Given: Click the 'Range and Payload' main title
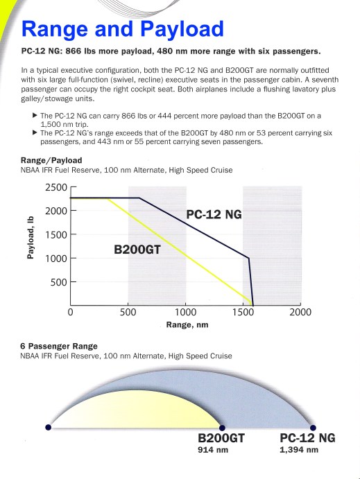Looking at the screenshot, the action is pyautogui.click(x=122, y=29).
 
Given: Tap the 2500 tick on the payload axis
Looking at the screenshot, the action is pyautogui.click(x=56, y=188).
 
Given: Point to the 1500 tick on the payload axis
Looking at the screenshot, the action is pyautogui.click(x=56, y=234).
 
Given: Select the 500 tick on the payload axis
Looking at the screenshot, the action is pyautogui.click(x=60, y=281).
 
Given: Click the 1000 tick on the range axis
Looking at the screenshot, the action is pyautogui.click(x=185, y=313).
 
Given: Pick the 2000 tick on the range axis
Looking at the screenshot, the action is pyautogui.click(x=300, y=313).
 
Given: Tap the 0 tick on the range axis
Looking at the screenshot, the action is pyautogui.click(x=71, y=313).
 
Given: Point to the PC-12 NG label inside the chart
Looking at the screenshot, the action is pyautogui.click(x=214, y=214).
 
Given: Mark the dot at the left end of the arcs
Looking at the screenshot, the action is pyautogui.click(x=47, y=427).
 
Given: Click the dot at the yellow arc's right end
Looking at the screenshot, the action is pyautogui.click(x=222, y=427).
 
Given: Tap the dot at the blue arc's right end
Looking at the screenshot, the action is pyautogui.click(x=313, y=427).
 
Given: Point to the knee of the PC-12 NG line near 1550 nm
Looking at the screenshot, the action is pyautogui.click(x=248, y=259).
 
